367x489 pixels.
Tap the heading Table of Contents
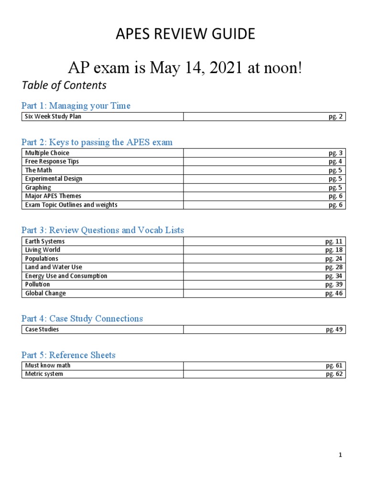64,85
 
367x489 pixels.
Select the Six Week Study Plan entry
53,117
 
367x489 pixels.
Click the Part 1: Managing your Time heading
76,106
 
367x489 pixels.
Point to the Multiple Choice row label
47,153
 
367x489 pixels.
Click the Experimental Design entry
54,179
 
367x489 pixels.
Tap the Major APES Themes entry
53,196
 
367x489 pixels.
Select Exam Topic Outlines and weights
71,205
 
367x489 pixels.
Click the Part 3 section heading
103,230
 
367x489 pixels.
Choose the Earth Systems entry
45,241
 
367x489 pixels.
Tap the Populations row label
42,258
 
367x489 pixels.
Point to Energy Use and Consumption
66,276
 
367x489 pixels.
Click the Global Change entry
45,293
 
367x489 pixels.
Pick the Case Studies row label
42,329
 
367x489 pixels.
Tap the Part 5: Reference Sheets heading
68,355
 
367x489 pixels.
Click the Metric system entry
44,374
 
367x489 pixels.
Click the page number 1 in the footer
340,455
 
